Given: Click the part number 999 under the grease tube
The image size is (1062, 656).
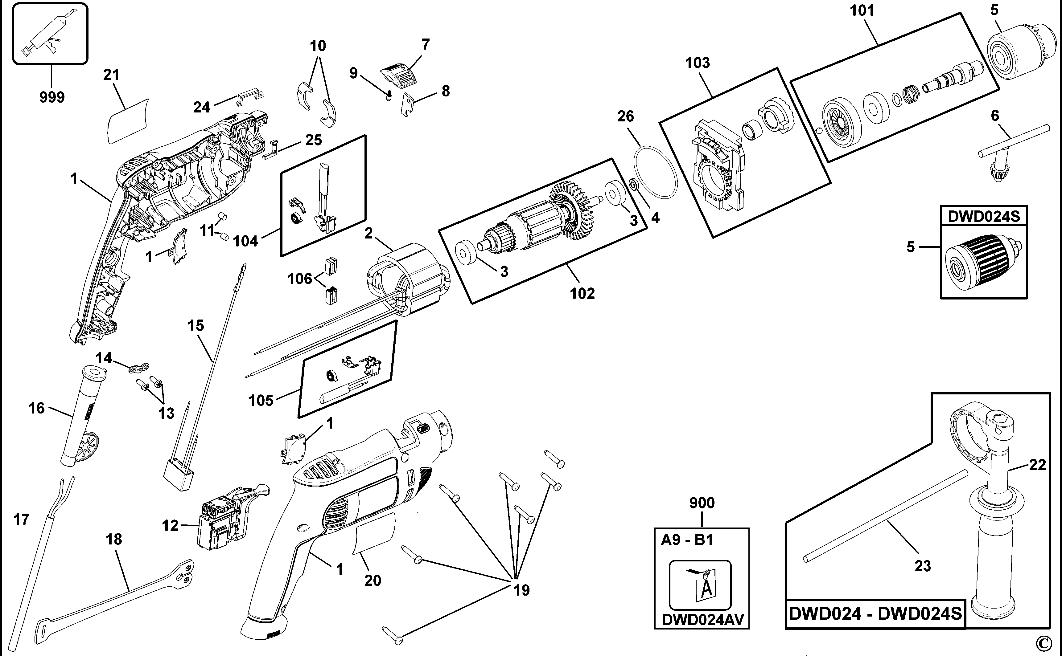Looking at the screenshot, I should point(52,97).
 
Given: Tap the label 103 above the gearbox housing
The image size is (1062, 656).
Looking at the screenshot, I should point(697,63).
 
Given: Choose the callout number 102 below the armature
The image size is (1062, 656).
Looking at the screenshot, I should point(582,293).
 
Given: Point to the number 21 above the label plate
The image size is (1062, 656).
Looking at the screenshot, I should point(111,75).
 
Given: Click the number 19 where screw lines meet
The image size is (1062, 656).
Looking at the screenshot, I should point(521,590).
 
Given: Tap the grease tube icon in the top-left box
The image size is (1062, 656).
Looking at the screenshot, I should point(49,33).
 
